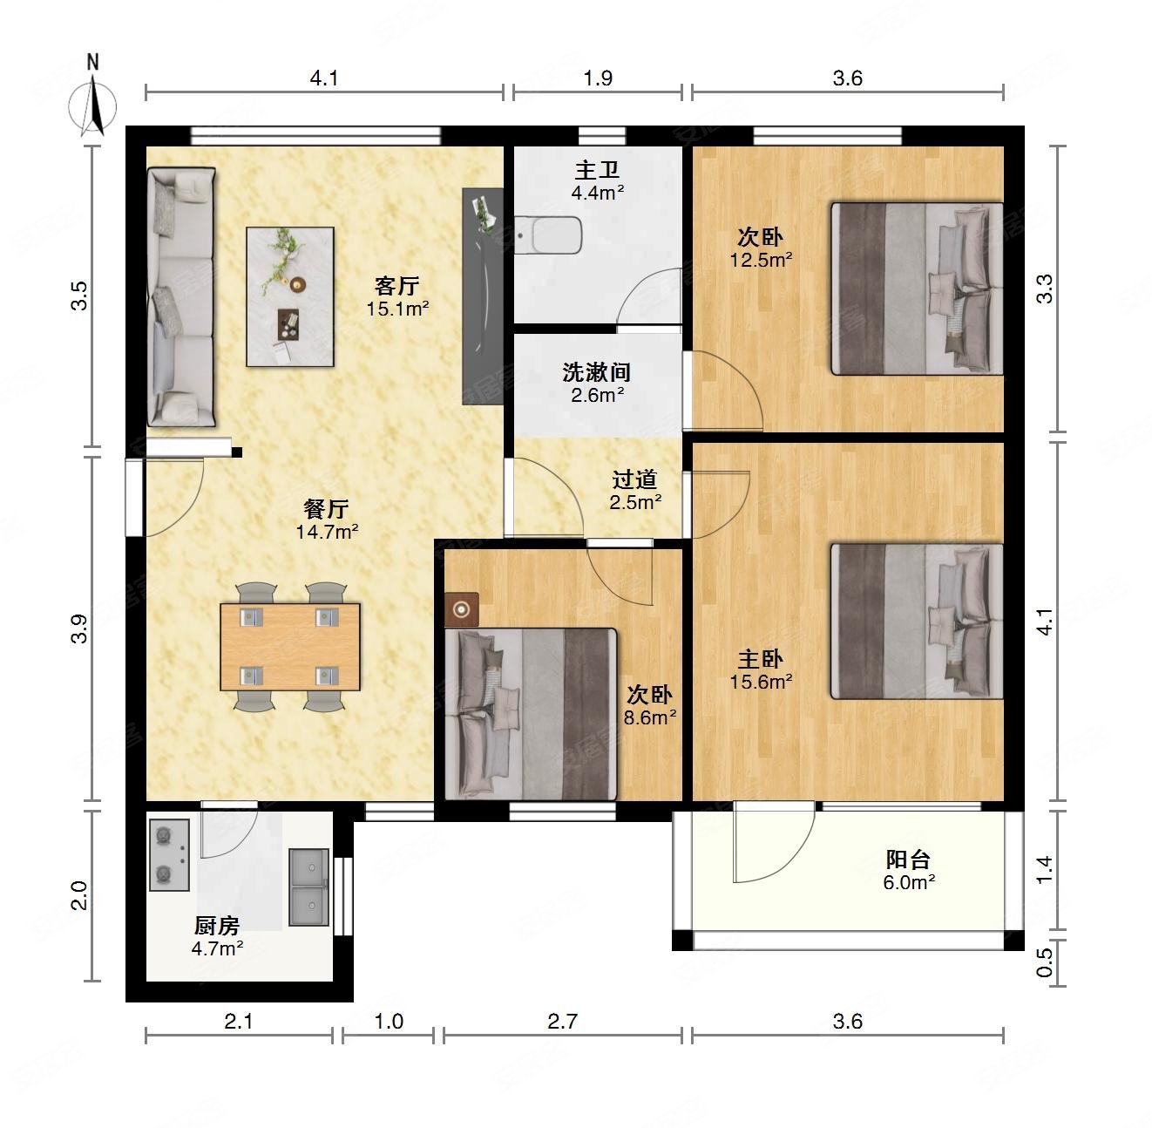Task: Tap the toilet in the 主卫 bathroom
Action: pos(547,235)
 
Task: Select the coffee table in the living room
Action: pos(290,296)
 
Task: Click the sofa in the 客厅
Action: pos(181,296)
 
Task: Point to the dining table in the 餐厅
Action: pos(290,647)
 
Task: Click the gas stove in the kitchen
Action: pos(168,854)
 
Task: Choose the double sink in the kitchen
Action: pos(308,887)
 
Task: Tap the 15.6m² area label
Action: pos(761,681)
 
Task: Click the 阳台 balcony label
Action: pos(907,860)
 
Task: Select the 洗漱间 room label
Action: pos(597,372)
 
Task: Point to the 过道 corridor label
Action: pos(634,479)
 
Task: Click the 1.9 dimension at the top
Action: pos(598,78)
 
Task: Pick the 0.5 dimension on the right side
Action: pos(1044,962)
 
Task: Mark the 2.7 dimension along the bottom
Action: pos(562,1021)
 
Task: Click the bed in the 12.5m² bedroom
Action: pos(917,289)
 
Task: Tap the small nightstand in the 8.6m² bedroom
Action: pos(462,609)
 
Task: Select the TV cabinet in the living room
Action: pos(483,296)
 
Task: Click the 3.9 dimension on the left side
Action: pos(79,629)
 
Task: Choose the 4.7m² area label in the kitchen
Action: pos(217,948)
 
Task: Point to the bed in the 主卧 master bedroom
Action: pos(917,621)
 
